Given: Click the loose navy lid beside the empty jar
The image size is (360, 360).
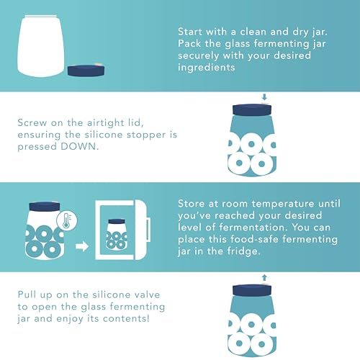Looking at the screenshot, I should pos(85,71).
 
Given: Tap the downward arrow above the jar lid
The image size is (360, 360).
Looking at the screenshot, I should pos(264,97).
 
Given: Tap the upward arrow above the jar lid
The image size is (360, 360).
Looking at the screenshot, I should pos(264,276).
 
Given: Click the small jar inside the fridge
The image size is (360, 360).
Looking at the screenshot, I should pos(115,230).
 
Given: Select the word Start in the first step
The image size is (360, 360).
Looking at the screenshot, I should pos(192,32).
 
